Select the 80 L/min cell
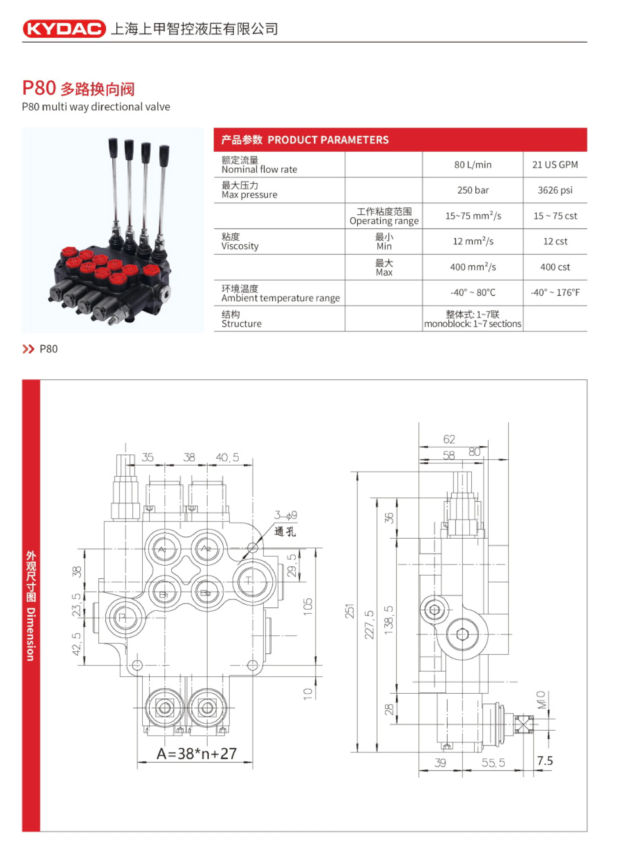coord(473,165)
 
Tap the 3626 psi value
coord(554,190)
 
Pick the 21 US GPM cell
coord(554,165)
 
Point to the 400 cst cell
coord(554,267)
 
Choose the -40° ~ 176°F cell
coord(554,292)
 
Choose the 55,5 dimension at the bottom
coord(493,763)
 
